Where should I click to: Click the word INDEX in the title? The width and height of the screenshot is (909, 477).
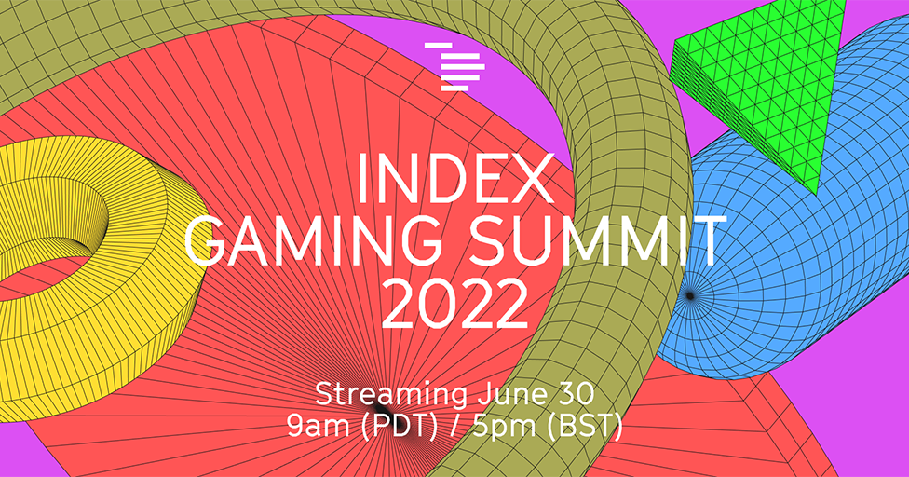[x=455, y=182]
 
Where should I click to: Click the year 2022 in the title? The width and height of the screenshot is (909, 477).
[x=454, y=301]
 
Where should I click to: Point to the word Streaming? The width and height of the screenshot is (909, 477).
[x=390, y=393]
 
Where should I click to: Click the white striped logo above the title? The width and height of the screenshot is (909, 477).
[x=454, y=65]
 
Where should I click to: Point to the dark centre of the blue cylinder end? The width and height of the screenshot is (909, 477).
[x=690, y=295]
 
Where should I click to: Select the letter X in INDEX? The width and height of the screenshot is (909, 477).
[x=536, y=182]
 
